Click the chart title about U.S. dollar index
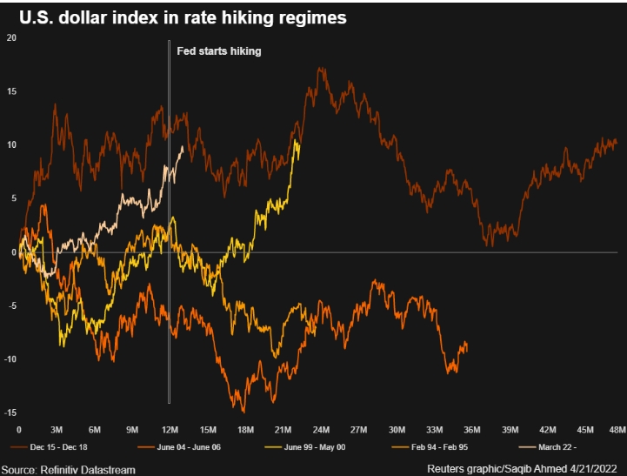tap(183, 17)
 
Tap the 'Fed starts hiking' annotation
tap(219, 51)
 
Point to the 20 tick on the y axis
tap(11, 37)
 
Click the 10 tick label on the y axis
tap(11, 144)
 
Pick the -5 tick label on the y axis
tap(11, 306)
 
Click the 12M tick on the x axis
tap(170, 430)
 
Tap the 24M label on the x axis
tap(321, 430)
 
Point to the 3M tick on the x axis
tap(57, 430)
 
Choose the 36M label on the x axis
tap(472, 430)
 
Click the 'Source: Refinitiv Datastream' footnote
tap(68, 469)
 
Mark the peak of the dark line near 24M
tap(321, 68)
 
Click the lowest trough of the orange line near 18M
tap(243, 411)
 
